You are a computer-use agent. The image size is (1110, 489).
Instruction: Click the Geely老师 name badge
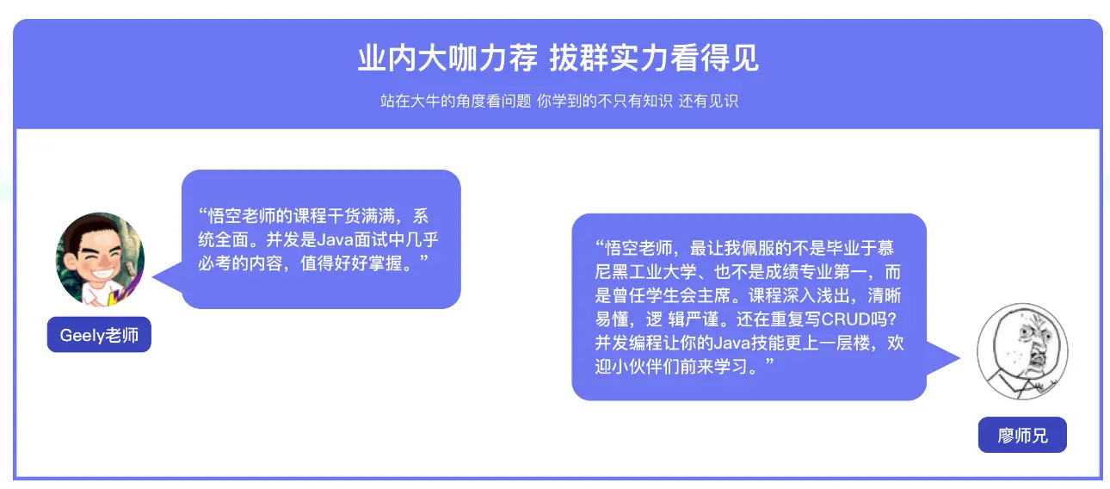coord(99,335)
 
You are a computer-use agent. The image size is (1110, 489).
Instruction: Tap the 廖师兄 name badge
coord(1022,435)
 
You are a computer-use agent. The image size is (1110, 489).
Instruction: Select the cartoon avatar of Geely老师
coord(100,259)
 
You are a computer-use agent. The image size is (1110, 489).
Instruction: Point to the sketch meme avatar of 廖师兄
coord(1022,351)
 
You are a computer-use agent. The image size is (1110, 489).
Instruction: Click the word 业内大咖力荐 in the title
coord(447,58)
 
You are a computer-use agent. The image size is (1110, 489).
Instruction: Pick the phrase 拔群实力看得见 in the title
coord(654,58)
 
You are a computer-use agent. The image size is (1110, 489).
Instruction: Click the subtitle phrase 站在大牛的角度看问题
coord(455,102)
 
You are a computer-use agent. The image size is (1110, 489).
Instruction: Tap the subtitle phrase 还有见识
coord(708,102)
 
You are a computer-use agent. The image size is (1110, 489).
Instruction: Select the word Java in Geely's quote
coord(335,240)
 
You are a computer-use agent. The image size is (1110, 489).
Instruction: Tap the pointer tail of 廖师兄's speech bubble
coord(943,358)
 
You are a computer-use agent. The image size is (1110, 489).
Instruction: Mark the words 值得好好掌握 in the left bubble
coord(351,263)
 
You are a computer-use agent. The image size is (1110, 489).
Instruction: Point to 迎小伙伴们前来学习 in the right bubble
coord(671,367)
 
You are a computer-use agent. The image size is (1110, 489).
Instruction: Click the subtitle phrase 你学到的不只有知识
coord(605,102)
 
